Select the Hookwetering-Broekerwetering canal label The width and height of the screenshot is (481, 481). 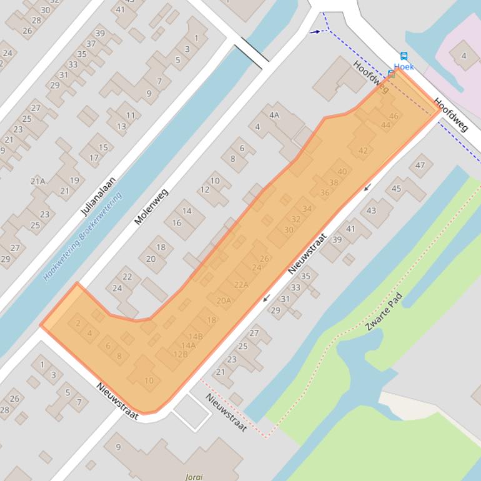pos(82,236)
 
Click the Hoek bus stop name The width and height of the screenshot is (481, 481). pos(404,67)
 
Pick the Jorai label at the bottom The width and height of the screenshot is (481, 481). pos(194,477)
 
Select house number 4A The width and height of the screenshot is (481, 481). pos(274,115)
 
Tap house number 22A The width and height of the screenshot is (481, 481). pos(241,285)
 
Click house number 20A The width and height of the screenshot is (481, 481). pos(224,300)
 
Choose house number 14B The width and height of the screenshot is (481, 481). pos(196,337)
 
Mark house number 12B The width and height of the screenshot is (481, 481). pos(181,354)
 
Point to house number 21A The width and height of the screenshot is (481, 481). pos(38,181)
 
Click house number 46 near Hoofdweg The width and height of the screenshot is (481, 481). pos(394,116)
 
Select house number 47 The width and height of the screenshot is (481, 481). pos(420,166)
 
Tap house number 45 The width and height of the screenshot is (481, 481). pos(396,189)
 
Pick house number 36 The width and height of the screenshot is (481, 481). pos(324,193)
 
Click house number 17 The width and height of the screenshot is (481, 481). pos(94,157)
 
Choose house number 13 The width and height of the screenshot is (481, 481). pos(121,126)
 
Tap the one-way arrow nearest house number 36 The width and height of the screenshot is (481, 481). pos(367,187)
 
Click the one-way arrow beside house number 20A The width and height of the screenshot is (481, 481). pos(267,297)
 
